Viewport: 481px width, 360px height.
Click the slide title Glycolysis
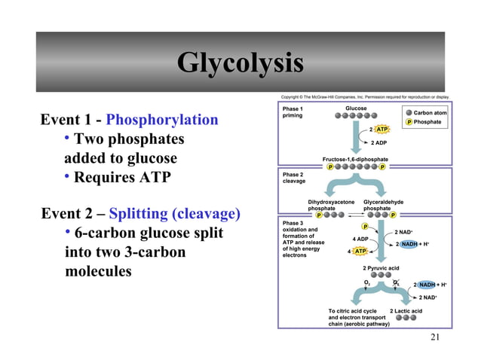240,63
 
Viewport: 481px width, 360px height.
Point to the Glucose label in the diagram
356,108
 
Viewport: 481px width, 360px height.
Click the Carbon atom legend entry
430,113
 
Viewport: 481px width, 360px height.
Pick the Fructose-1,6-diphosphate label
355,160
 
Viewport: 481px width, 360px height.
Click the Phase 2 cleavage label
294,178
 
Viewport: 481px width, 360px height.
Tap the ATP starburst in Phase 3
360,251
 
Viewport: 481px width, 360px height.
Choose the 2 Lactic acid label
406,311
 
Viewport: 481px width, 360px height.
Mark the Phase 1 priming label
293,112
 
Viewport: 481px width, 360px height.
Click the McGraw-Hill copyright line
364,97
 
